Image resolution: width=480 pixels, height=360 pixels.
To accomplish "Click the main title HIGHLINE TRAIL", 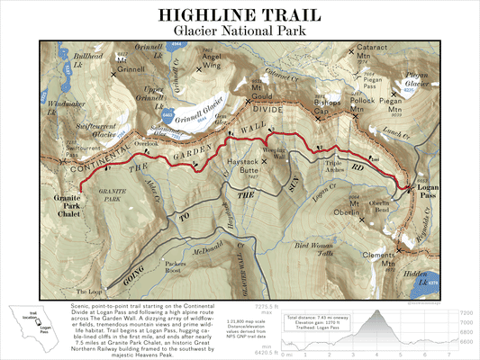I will coord(240,15).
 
